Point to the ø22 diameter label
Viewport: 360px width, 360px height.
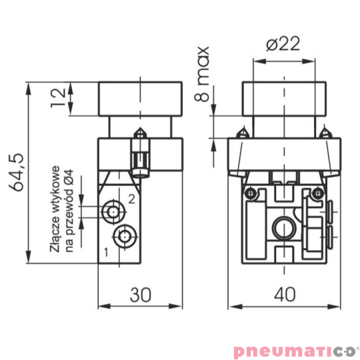(283, 45)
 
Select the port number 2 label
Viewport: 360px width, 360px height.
(131, 199)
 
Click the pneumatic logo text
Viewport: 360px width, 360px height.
(291, 350)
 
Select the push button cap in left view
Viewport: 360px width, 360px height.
(141, 98)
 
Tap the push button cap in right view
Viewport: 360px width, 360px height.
(285, 98)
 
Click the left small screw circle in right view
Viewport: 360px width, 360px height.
(249, 193)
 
